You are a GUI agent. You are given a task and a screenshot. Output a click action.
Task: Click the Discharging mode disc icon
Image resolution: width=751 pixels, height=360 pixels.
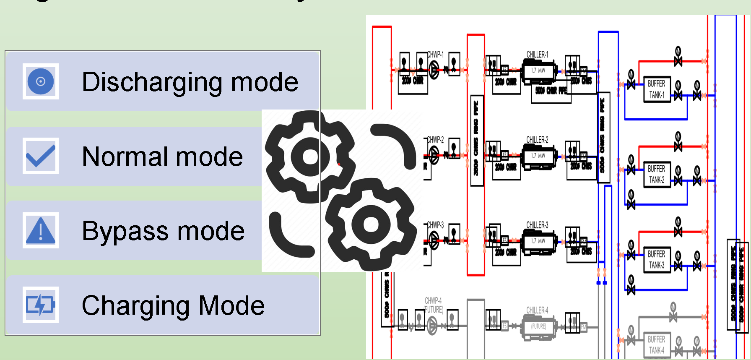click(41, 81)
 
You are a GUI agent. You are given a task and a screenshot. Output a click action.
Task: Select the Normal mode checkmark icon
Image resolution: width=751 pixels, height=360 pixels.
click(41, 156)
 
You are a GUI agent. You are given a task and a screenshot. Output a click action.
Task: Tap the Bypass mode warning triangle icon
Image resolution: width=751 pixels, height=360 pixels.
click(41, 230)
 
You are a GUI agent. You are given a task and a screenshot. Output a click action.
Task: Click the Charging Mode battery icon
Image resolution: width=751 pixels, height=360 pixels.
click(41, 305)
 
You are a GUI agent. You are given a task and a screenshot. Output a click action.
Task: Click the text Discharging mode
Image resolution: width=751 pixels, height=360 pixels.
click(190, 82)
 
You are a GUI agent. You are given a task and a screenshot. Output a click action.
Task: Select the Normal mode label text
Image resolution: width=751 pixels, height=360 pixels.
click(162, 157)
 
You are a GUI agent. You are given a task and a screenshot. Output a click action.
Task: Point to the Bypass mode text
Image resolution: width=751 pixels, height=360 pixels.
click(163, 231)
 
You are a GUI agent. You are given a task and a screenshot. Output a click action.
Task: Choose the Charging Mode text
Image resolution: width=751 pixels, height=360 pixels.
click(173, 305)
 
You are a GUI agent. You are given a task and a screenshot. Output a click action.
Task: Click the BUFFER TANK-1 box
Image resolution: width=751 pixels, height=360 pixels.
click(657, 89)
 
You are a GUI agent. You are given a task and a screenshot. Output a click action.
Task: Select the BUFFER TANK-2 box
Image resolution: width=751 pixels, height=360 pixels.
click(657, 174)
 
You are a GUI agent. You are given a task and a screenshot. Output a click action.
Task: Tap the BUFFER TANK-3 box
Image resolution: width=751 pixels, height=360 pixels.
click(657, 259)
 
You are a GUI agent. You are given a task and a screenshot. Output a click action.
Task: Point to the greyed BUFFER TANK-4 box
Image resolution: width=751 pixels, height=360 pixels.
click(657, 344)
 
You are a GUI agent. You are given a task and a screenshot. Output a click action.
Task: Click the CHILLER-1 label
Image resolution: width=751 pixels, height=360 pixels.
click(537, 55)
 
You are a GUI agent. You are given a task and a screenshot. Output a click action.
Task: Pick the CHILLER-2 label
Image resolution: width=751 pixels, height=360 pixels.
click(537, 140)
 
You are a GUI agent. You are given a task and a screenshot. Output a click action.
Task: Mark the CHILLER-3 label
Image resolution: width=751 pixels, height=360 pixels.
click(537, 225)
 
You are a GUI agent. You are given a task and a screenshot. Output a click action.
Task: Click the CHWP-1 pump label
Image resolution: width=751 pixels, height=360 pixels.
click(435, 55)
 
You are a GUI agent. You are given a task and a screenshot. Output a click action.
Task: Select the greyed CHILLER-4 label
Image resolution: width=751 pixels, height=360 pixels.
click(537, 310)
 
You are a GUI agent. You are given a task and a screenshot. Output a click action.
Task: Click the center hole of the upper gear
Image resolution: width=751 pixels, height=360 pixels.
click(310, 157)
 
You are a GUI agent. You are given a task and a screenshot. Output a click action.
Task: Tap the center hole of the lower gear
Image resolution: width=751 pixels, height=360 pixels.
click(371, 224)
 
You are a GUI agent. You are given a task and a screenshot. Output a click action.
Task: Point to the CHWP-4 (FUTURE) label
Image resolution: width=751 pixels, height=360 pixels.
click(434, 305)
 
